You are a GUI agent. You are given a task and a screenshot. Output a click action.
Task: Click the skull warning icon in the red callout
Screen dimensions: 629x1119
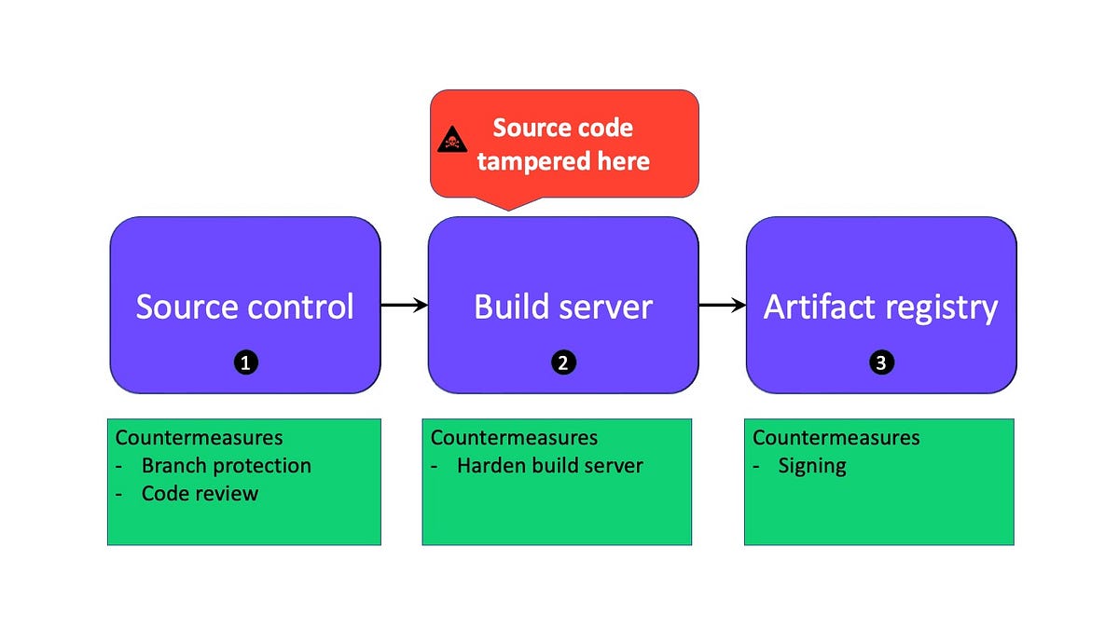pos(450,141)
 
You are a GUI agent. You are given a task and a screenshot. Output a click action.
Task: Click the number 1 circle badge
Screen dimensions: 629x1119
pos(245,363)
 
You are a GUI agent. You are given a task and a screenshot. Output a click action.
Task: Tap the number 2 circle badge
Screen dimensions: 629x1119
pos(563,363)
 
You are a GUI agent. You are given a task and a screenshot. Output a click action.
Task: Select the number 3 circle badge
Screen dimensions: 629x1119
pos(881,363)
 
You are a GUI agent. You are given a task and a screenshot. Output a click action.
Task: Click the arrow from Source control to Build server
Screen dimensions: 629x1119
pos(404,305)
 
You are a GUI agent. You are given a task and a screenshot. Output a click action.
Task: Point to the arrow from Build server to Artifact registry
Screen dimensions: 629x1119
pos(723,305)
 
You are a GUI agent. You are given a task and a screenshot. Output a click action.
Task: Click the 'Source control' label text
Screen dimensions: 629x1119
pos(245,307)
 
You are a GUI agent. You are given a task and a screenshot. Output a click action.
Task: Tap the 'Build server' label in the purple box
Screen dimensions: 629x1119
pos(563,307)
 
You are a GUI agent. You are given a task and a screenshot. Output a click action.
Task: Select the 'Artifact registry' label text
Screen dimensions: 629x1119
pos(881,307)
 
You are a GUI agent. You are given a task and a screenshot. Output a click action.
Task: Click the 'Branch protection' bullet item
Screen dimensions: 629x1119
pos(226,465)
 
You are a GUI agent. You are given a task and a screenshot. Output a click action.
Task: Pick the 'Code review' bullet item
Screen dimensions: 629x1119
pos(200,493)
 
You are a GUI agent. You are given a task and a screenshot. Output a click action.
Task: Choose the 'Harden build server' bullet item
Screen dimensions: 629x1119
pos(549,465)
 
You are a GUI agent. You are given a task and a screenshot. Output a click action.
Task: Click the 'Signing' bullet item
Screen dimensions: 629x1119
pos(812,465)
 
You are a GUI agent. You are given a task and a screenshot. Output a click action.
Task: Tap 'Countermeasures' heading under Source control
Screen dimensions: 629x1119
pos(199,437)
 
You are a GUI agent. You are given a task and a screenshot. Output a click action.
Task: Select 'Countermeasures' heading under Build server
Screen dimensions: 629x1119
pos(514,437)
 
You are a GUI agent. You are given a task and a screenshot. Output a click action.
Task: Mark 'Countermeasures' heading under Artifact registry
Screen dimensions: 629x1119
pos(836,437)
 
